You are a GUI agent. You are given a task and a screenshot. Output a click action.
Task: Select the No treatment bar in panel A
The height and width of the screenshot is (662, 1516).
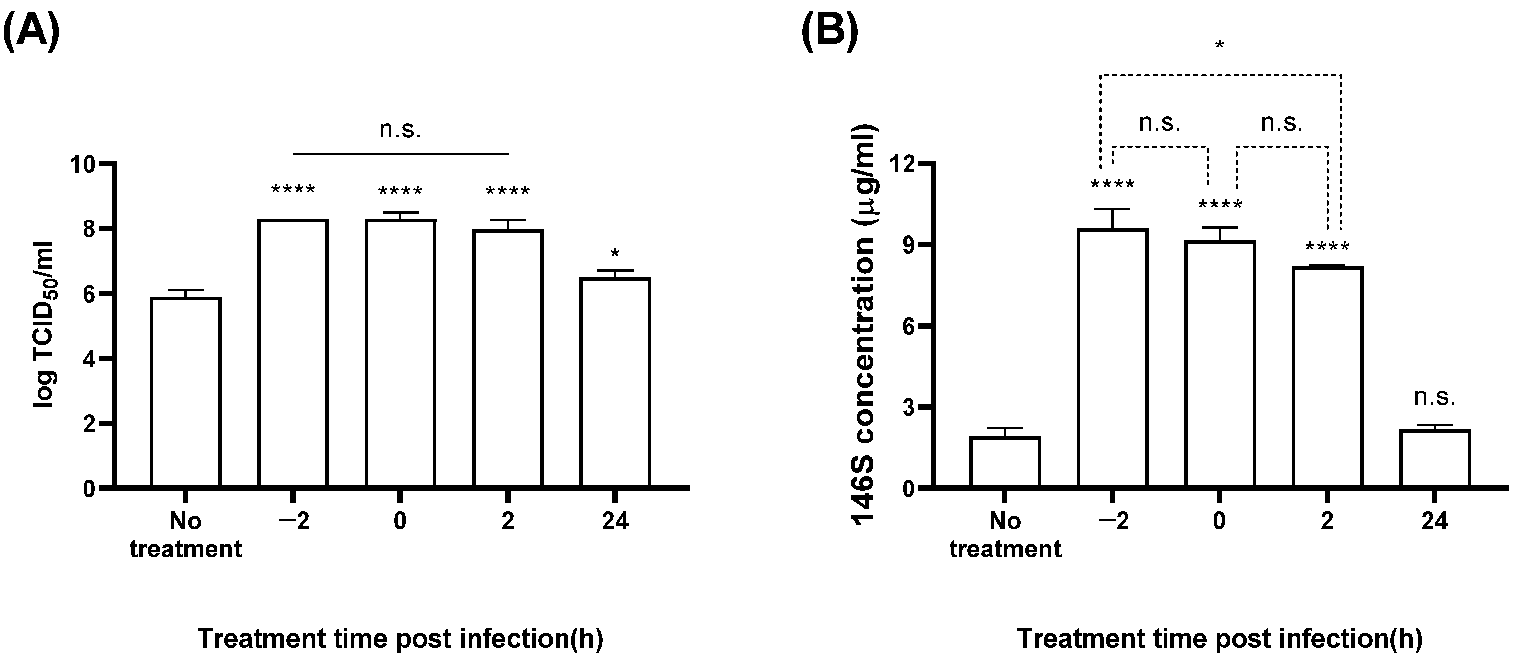point(186,393)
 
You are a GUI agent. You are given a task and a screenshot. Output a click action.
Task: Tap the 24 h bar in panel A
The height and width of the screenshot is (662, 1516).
point(615,383)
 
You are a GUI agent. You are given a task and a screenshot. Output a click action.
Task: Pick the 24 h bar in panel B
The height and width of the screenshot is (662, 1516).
point(1435,458)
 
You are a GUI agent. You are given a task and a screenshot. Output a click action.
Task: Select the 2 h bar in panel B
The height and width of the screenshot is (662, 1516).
point(1327,377)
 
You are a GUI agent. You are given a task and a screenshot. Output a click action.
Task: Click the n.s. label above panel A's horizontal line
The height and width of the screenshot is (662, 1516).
point(400,130)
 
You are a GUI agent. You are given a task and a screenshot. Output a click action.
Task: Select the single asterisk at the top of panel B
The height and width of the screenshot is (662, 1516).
point(1220,46)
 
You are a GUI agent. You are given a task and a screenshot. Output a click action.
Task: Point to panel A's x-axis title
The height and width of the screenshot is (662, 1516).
point(400,638)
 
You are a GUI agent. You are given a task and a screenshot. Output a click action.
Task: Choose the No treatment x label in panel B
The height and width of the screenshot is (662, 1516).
point(1005,534)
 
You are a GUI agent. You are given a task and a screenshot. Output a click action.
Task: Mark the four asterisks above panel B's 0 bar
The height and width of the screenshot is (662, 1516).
point(1220,205)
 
